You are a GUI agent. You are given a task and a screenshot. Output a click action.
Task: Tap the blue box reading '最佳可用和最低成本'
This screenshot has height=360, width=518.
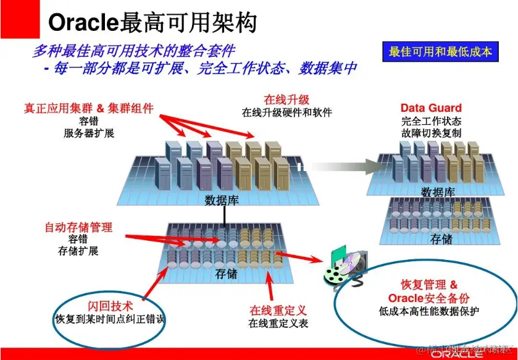(440, 52)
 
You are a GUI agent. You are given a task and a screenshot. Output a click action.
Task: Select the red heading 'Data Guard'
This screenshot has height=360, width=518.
(431, 108)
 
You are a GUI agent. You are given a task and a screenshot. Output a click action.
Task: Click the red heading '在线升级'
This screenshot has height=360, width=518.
(286, 99)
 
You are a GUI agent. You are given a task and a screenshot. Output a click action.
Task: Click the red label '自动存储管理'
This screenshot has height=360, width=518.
(78, 227)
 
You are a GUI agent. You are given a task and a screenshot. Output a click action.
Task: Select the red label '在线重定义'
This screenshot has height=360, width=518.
(278, 310)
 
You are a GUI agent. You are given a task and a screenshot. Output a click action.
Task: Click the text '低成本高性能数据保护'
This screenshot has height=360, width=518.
(429, 312)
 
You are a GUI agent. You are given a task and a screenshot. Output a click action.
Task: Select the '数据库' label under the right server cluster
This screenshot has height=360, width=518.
(438, 192)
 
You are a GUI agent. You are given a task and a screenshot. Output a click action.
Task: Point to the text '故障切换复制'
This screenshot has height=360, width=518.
(431, 133)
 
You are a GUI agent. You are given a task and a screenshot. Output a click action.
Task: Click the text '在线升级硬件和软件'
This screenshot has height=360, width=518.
(286, 112)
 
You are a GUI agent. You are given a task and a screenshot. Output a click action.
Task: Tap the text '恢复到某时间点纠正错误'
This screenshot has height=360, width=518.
(110, 319)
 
